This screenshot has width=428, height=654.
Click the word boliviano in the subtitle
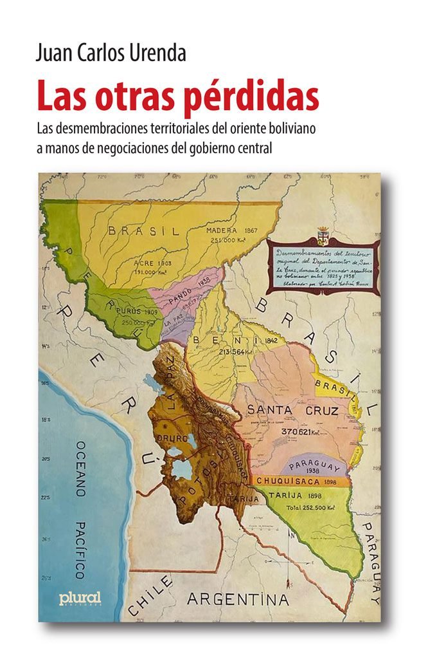tap(295, 127)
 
